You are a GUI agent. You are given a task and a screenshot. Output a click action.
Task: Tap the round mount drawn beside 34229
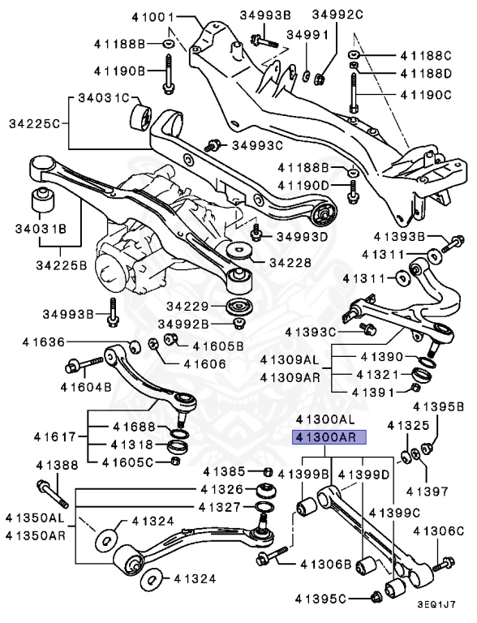(239, 308)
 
